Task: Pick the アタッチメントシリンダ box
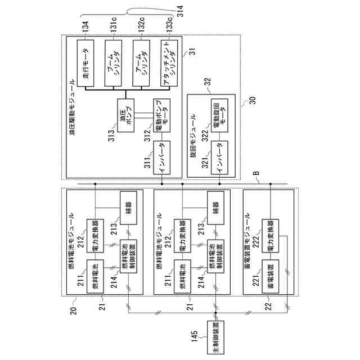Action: pos(168,62)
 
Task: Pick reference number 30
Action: pos(251,102)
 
